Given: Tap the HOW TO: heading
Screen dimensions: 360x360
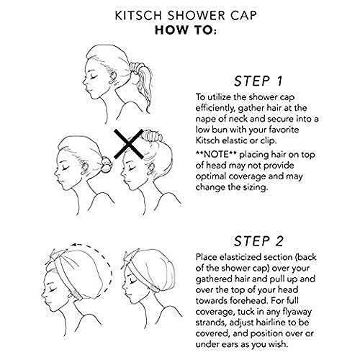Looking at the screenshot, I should click(x=179, y=30).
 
